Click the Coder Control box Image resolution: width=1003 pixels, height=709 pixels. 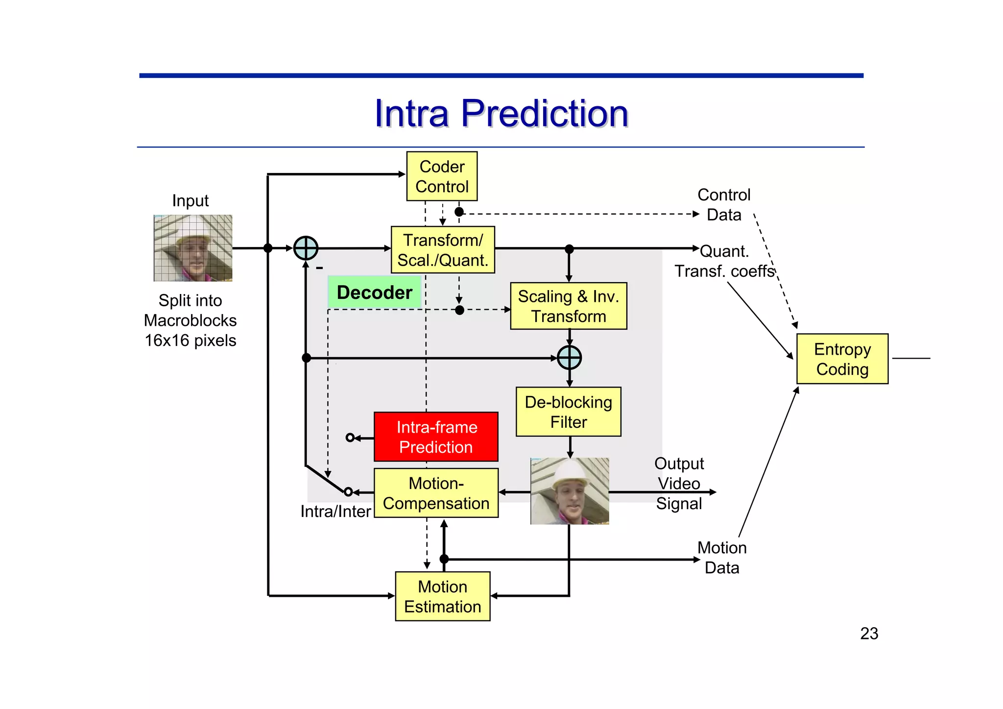pos(442,176)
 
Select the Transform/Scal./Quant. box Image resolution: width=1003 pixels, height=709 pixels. pos(443,250)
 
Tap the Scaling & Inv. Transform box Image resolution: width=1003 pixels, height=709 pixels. pos(568,306)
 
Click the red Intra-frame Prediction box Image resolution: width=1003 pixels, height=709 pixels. pos(436,437)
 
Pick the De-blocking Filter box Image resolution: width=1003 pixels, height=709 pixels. pos(568,412)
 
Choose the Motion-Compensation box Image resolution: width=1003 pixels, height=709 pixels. pos(436,493)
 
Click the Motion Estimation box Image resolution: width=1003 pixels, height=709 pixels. pos(442,596)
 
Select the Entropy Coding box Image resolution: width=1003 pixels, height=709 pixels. pos(842,359)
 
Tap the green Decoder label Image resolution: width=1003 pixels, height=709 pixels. pos(375,293)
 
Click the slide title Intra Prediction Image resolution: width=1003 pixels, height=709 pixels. pos(501,114)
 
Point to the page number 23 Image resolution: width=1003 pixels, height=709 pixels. pos(869,634)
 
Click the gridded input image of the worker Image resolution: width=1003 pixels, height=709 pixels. pos(193,248)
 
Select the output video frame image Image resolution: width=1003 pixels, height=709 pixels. pos(570,491)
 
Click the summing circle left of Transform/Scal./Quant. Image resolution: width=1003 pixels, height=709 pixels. pos(306,248)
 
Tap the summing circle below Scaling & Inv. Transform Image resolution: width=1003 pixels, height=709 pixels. pos(569,358)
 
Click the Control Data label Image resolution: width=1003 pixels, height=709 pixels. pos(723,205)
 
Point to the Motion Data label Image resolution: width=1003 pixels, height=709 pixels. pos(722,558)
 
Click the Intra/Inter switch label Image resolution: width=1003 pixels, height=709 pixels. pos(335,512)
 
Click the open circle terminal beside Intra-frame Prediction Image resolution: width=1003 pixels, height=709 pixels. pos(350,438)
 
